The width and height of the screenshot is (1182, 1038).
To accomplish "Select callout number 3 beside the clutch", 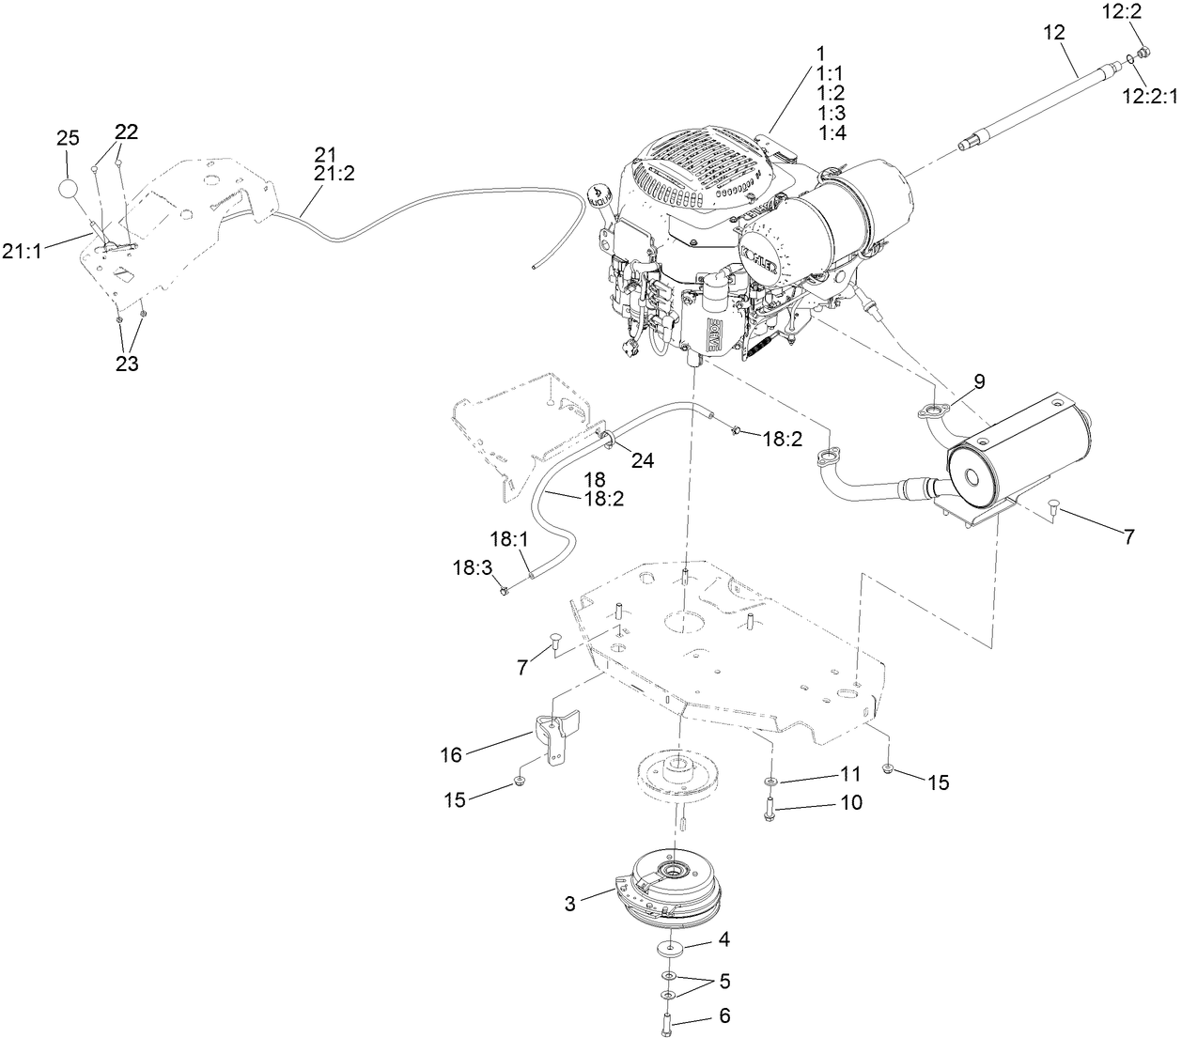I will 570,904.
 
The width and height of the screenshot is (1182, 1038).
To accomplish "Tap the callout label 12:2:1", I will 1150,95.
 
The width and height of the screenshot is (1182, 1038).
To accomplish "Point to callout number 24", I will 642,460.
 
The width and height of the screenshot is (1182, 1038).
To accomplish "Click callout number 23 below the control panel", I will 127,364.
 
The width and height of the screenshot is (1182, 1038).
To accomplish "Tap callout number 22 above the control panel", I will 127,132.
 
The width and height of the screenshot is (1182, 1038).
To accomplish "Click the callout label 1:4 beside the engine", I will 832,133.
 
